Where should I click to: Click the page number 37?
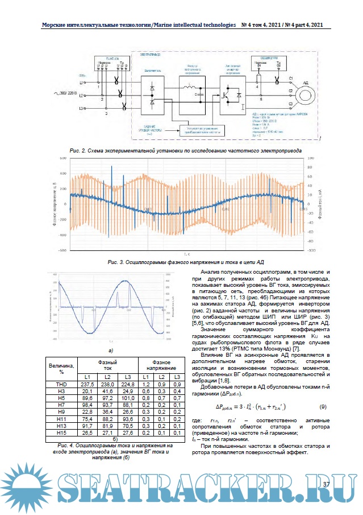coord(326,484)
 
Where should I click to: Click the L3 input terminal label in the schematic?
coord(82,108)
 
